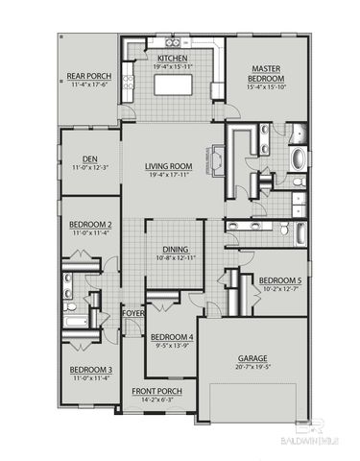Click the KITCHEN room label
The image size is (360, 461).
pyautogui.click(x=172, y=58)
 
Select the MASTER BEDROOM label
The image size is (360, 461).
pyautogui.click(x=266, y=75)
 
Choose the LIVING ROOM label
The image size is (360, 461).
pyautogui.click(x=169, y=166)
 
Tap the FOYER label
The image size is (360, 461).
pyautogui.click(x=132, y=312)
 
